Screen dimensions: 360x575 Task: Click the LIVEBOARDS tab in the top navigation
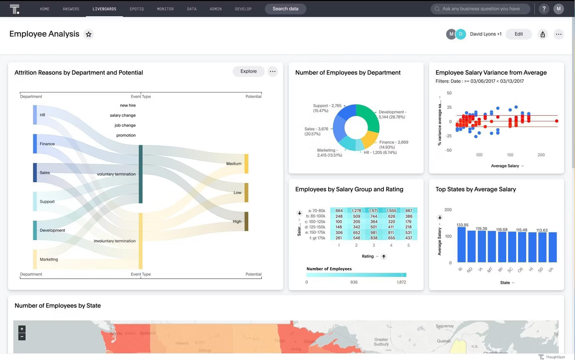(104, 9)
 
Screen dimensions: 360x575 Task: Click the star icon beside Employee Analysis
(89, 35)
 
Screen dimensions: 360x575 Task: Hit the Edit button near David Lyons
(518, 34)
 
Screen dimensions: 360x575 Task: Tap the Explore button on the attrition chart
(248, 71)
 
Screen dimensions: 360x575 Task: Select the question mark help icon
(544, 9)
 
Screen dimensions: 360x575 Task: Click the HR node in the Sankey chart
(35, 115)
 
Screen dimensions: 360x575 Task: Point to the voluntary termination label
(116, 174)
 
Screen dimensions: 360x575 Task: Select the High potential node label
(237, 222)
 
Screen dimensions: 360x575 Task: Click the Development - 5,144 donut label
(392, 114)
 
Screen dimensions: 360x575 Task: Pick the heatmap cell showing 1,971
(373, 210)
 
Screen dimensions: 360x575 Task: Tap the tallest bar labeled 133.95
(461, 245)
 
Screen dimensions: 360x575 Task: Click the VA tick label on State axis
(551, 270)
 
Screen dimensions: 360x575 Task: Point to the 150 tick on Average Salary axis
(510, 155)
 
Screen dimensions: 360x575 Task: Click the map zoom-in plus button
(22, 329)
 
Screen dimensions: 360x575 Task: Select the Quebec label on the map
(444, 341)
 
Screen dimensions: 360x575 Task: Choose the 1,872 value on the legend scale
(401, 282)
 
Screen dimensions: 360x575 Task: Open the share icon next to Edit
(542, 35)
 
